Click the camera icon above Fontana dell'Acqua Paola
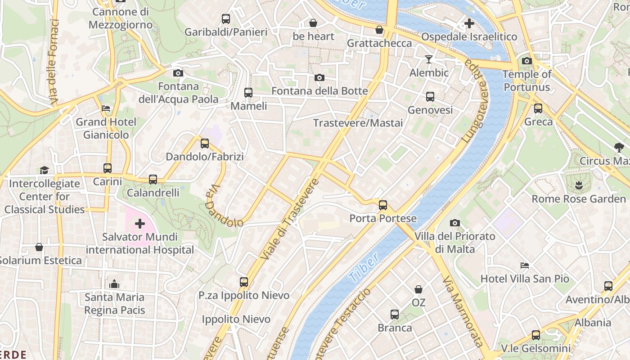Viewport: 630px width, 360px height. (x=178, y=73)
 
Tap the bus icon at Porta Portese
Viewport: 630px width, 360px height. (x=383, y=205)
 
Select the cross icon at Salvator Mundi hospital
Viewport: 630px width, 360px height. (x=140, y=223)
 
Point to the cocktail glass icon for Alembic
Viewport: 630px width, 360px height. (x=429, y=59)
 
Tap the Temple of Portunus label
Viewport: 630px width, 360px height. (x=526, y=81)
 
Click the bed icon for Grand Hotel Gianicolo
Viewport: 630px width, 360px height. (x=106, y=108)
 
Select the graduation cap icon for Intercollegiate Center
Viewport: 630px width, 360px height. (x=44, y=170)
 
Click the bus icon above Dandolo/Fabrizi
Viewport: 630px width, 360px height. (x=205, y=144)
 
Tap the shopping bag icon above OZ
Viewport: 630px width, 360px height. (x=418, y=289)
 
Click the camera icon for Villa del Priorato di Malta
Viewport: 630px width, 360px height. (x=455, y=223)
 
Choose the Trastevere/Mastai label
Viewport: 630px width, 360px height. (x=358, y=123)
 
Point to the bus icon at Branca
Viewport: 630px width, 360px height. (x=395, y=315)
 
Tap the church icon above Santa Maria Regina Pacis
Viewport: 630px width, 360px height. (x=114, y=284)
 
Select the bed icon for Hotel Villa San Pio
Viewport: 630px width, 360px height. (x=525, y=265)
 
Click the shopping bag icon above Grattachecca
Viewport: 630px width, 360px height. (x=379, y=30)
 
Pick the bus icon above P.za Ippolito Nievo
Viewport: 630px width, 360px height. (x=244, y=282)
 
